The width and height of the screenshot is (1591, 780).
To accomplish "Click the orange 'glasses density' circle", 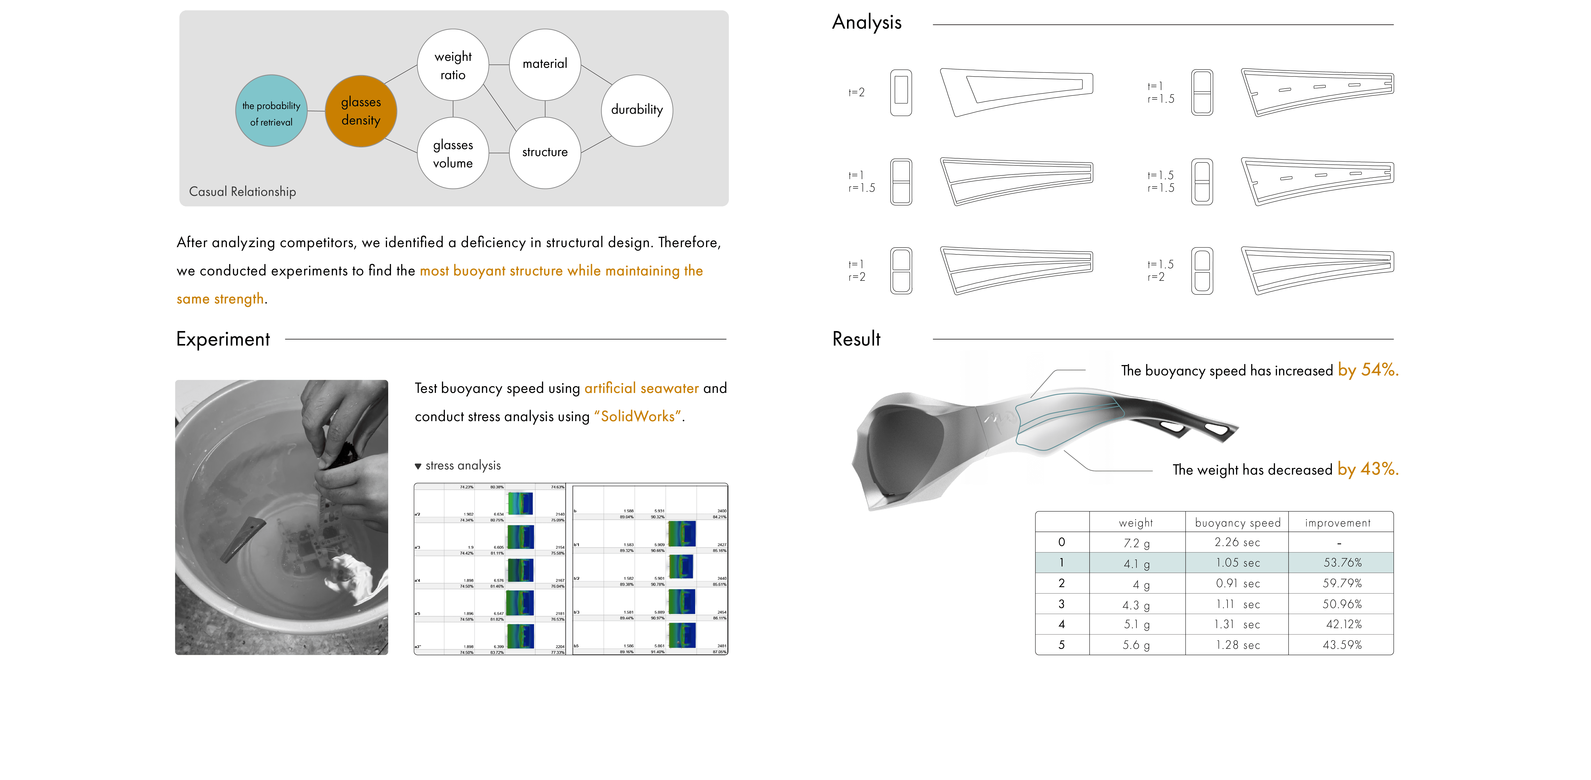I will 361,111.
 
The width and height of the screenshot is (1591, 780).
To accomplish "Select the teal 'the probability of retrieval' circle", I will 271,111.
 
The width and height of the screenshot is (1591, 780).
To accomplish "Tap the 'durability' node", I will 637,110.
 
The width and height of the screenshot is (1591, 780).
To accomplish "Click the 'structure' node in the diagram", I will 545,152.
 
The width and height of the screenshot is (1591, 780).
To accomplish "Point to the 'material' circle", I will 545,64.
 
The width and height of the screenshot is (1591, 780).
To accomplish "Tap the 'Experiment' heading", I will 223,339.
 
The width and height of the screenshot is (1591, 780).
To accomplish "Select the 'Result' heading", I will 856,339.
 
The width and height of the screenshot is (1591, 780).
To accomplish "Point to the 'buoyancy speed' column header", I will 1238,523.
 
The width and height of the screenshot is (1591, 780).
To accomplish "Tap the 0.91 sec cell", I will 1238,583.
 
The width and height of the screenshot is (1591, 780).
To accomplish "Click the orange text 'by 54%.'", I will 1367,370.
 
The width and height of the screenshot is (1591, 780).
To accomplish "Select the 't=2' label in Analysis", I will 857,93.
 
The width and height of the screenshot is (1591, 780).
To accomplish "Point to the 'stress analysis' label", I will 463,466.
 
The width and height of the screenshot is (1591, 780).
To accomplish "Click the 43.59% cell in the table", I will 1342,645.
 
